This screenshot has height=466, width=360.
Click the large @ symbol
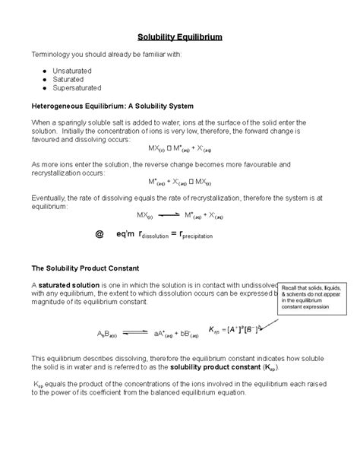pos(97,235)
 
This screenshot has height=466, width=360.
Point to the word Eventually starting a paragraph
pos(50,195)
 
